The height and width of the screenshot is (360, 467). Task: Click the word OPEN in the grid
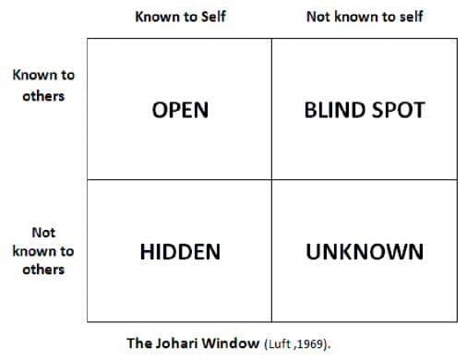click(180, 110)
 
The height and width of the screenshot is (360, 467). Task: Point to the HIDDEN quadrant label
click(180, 252)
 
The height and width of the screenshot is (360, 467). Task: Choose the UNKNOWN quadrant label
click(365, 252)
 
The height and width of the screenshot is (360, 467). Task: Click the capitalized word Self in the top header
click(213, 17)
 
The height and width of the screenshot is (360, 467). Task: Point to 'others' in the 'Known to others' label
click(43, 96)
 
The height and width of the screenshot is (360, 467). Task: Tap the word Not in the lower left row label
click(43, 233)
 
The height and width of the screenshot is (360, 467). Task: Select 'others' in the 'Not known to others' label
click(43, 270)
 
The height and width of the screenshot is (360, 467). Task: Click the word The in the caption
click(139, 343)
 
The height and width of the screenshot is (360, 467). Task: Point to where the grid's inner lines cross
click(271, 179)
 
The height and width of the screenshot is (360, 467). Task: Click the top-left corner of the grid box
click(88, 39)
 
